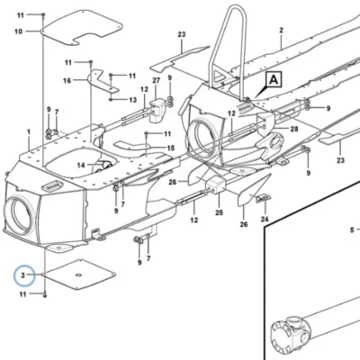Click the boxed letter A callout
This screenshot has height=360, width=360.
click(x=274, y=80)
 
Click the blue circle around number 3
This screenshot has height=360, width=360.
click(x=24, y=275)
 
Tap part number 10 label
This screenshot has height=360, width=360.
click(x=19, y=31)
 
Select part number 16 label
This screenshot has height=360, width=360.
click(x=67, y=80)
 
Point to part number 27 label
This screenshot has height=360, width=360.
click(x=156, y=80)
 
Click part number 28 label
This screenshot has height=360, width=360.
click(x=294, y=129)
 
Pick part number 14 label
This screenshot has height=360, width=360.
click(x=81, y=165)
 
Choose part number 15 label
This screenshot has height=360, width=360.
click(x=170, y=148)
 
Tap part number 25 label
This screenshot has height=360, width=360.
click(x=219, y=212)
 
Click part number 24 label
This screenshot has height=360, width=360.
click(x=265, y=220)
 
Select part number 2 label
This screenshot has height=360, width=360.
click(x=281, y=31)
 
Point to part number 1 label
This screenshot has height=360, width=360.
click(x=29, y=131)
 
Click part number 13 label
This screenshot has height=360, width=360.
click(x=132, y=100)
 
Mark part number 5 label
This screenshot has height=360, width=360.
click(x=352, y=230)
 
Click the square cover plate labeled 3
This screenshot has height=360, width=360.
click(x=78, y=274)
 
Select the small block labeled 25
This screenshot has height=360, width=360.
click(x=214, y=184)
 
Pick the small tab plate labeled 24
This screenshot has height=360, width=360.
click(x=263, y=198)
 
